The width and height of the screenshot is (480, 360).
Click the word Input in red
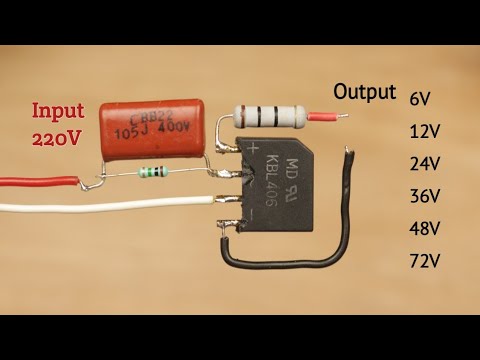click(58, 110)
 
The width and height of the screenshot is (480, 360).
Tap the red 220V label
click(59, 139)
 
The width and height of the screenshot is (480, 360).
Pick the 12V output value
click(424, 131)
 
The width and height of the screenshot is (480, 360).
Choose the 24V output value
click(424, 163)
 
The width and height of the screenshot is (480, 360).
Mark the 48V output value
click(424, 228)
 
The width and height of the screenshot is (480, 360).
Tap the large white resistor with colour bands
click(269, 118)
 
